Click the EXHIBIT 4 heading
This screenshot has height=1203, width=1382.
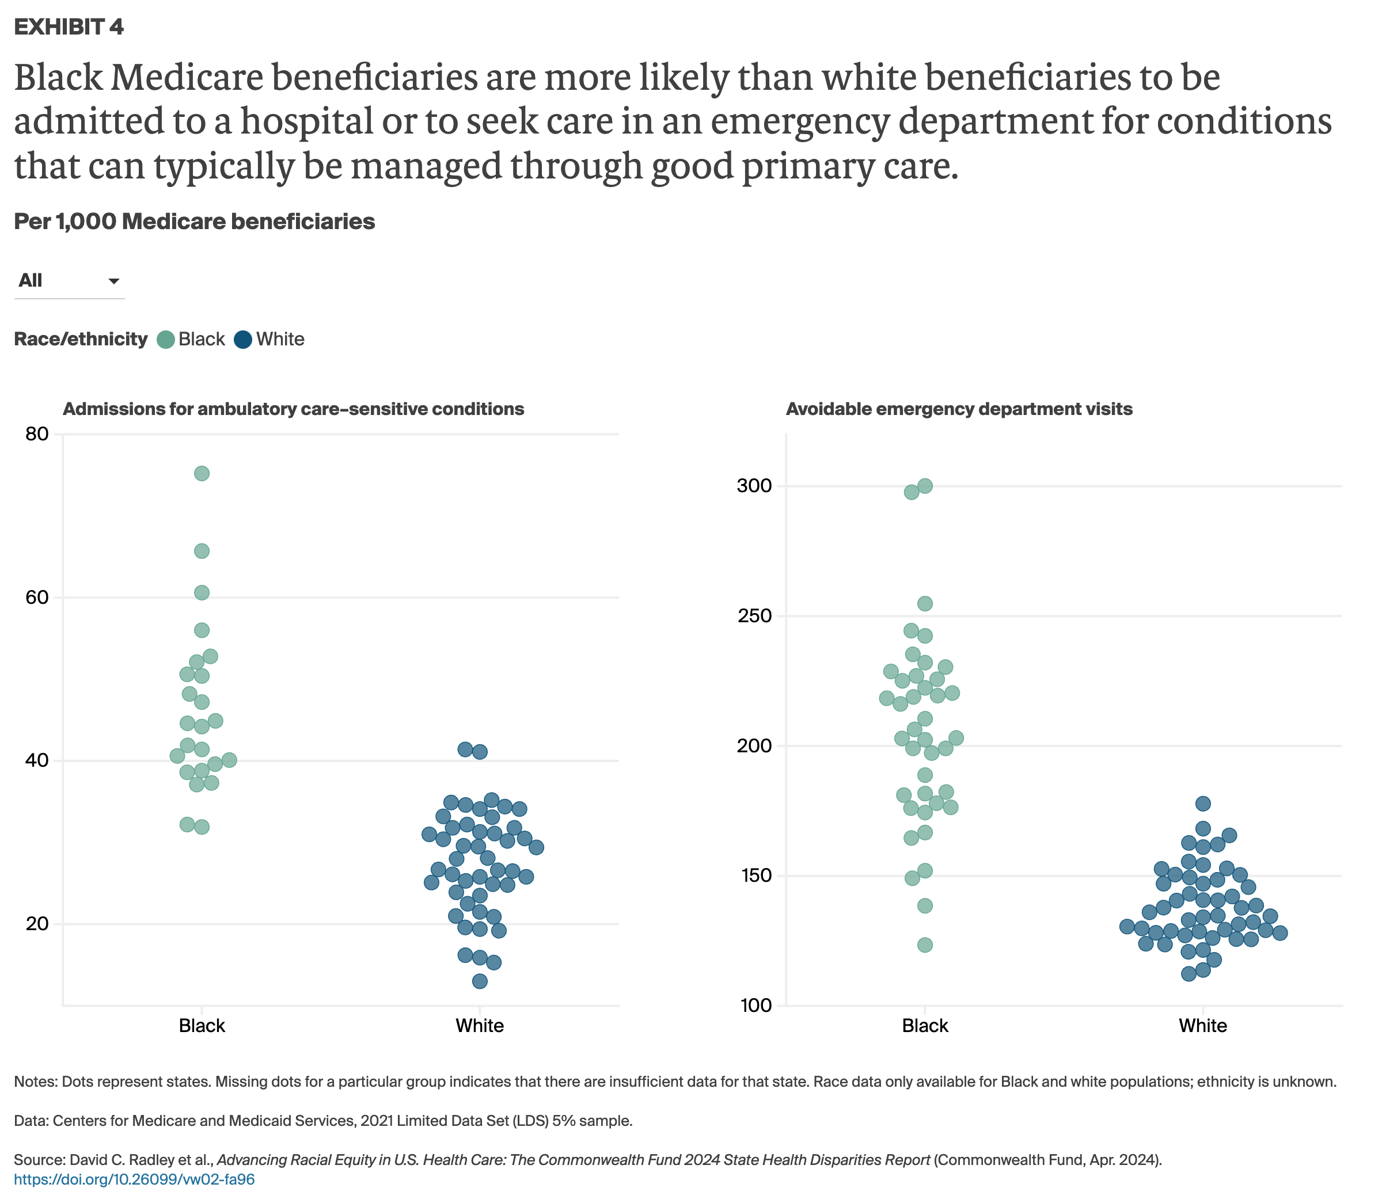click(x=69, y=27)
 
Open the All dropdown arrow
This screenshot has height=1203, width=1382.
click(x=113, y=281)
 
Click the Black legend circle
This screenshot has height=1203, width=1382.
click(x=165, y=340)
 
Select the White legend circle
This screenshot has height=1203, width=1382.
click(x=243, y=340)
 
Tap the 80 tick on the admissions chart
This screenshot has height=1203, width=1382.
click(x=37, y=435)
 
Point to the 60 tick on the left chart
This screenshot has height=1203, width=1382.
click(x=37, y=597)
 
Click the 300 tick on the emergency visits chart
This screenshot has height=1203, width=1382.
click(x=754, y=486)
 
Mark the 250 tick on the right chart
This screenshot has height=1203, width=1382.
click(x=754, y=615)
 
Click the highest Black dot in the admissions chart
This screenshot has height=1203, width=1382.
click(x=202, y=474)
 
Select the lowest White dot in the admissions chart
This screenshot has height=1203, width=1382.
click(x=480, y=981)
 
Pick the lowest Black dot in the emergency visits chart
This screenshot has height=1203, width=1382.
click(x=925, y=945)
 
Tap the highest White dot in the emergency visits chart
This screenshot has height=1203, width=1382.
click(x=1203, y=804)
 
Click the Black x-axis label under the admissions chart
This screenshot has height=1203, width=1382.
click(x=202, y=1026)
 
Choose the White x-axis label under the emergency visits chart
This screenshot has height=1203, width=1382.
click(x=1203, y=1026)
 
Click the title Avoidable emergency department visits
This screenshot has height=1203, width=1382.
click(x=959, y=409)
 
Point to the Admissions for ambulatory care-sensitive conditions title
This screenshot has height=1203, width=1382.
click(x=294, y=409)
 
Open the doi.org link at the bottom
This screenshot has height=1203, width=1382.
click(x=134, y=1179)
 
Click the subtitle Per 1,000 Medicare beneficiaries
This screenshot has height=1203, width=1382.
click(x=194, y=222)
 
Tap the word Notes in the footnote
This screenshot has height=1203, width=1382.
click(x=36, y=1082)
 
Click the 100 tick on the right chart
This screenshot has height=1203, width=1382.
click(x=754, y=1006)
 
